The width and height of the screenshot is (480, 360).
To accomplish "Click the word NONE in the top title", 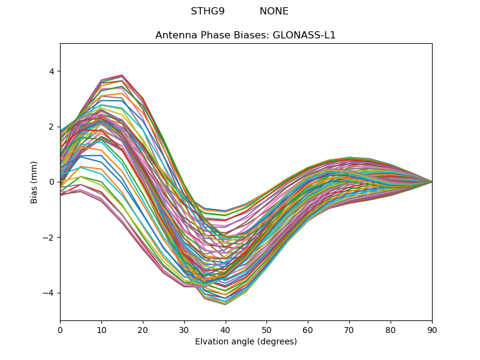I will tap(274, 11).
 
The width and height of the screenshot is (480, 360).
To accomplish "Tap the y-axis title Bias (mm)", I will tap(34, 182).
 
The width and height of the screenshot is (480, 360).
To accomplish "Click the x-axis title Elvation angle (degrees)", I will tap(246, 342).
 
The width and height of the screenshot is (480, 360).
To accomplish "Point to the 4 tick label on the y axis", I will tap(51, 71).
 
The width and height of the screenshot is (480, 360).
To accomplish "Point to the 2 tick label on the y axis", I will tap(51, 127).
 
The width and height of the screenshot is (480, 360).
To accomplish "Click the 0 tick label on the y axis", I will tap(51, 182).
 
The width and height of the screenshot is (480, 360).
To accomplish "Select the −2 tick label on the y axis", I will tap(49, 238).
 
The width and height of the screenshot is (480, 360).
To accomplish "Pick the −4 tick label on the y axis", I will tap(49, 293).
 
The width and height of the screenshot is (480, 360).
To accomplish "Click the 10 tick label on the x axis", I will tap(101, 329).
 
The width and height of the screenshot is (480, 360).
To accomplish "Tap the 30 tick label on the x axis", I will tap(184, 329).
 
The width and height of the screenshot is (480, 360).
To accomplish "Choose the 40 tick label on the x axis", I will tap(226, 329).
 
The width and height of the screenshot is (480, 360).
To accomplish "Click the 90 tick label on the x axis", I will tap(432, 329).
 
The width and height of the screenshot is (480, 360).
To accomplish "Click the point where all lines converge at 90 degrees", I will tap(432, 182).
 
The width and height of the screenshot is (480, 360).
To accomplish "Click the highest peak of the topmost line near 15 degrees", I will tap(122, 75).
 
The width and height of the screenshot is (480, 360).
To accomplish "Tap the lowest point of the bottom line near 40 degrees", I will tap(226, 304).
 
